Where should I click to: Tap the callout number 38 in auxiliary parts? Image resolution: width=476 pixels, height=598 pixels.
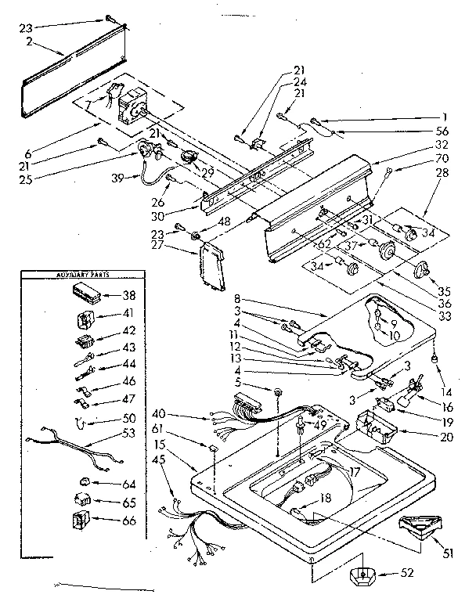(x=128, y=297)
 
